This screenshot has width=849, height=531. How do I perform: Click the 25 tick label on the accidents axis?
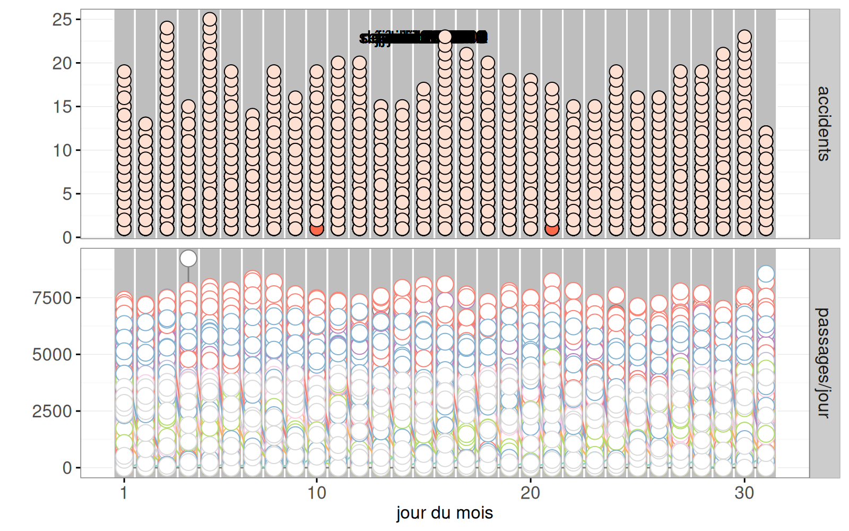coord(62,20)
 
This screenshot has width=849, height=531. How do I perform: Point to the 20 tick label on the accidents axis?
coord(62,63)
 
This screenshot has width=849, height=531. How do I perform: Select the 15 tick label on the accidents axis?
coord(62,107)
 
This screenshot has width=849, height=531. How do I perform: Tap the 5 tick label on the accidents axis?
coord(66,194)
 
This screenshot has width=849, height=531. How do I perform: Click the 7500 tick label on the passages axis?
coord(52,298)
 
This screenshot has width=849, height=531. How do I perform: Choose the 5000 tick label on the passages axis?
coord(52,355)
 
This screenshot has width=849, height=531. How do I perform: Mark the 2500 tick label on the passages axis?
coord(52,412)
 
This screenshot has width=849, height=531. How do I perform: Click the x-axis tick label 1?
coord(124,493)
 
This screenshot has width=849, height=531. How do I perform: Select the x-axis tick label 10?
coord(317,493)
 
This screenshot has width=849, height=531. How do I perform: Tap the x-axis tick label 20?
coord(530,493)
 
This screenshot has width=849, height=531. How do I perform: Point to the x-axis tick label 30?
coord(744,493)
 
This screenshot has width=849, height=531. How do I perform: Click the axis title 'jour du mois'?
coord(445,513)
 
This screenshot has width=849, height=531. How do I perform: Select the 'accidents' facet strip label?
coord(824,124)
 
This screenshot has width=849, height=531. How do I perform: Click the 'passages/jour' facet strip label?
coord(824,363)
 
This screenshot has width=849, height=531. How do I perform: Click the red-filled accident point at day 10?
coord(317,229)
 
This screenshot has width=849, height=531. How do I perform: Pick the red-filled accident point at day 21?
coord(552,229)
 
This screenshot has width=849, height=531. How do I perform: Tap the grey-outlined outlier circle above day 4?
coord(188,259)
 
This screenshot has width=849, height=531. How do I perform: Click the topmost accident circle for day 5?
coord(210,20)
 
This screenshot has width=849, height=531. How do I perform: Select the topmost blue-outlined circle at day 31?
coord(766,274)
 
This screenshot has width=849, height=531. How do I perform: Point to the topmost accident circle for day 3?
coord(167,28)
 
